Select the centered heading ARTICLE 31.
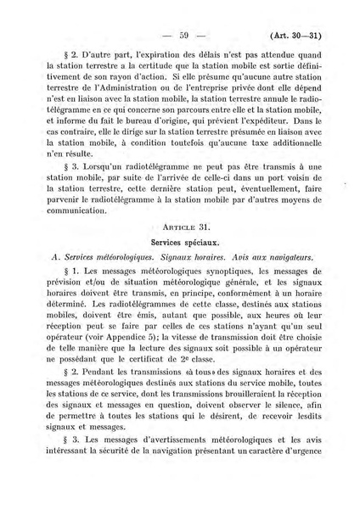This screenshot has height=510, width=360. point(179,228)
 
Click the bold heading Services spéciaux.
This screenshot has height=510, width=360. point(179,243)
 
